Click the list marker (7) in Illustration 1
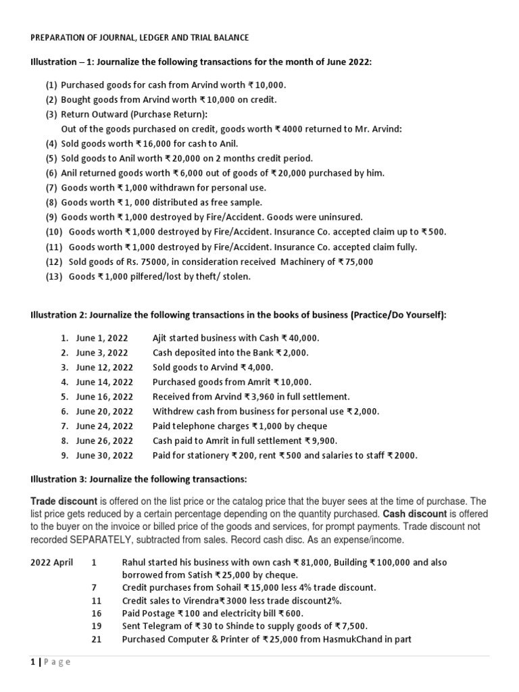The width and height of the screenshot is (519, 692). [51, 187]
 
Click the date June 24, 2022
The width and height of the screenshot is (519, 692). [105, 426]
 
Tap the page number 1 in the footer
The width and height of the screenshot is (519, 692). [32, 662]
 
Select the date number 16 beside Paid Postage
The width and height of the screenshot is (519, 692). [96, 613]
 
